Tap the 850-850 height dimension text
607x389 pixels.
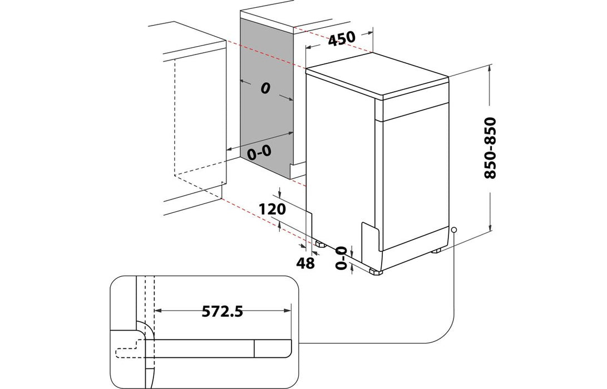click(x=490, y=148)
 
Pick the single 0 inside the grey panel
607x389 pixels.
click(x=265, y=88)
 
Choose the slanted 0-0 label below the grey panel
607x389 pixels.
click(x=259, y=152)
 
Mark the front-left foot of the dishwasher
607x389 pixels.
click(x=374, y=271)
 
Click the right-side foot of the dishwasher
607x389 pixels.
click(x=437, y=250)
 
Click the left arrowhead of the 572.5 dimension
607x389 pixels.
click(x=156, y=311)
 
